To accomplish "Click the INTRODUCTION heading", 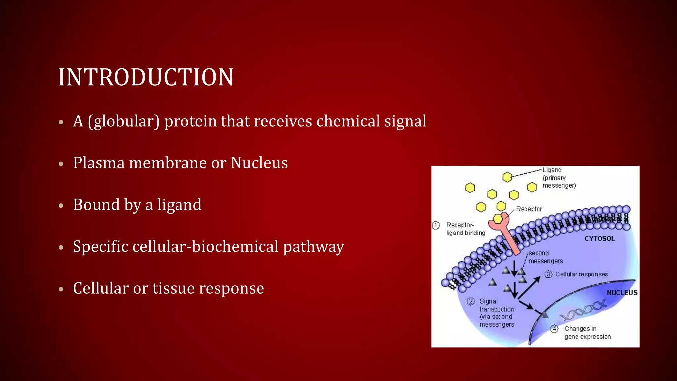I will [146, 77].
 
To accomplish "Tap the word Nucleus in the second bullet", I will [259, 163].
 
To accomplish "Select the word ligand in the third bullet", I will [179, 205].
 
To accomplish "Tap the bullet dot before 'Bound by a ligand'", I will [61, 206].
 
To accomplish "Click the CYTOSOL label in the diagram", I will [599, 239].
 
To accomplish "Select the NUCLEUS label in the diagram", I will [622, 293].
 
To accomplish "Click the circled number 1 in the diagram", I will [436, 225].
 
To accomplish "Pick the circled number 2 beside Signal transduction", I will [471, 301].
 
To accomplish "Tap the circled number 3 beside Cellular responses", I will [548, 274].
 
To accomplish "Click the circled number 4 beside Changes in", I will [554, 329].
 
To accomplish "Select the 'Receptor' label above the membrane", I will [529, 209].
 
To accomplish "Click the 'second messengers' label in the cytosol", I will [545, 257].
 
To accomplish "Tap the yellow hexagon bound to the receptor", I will [498, 219].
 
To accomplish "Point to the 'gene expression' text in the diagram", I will [587, 337].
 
